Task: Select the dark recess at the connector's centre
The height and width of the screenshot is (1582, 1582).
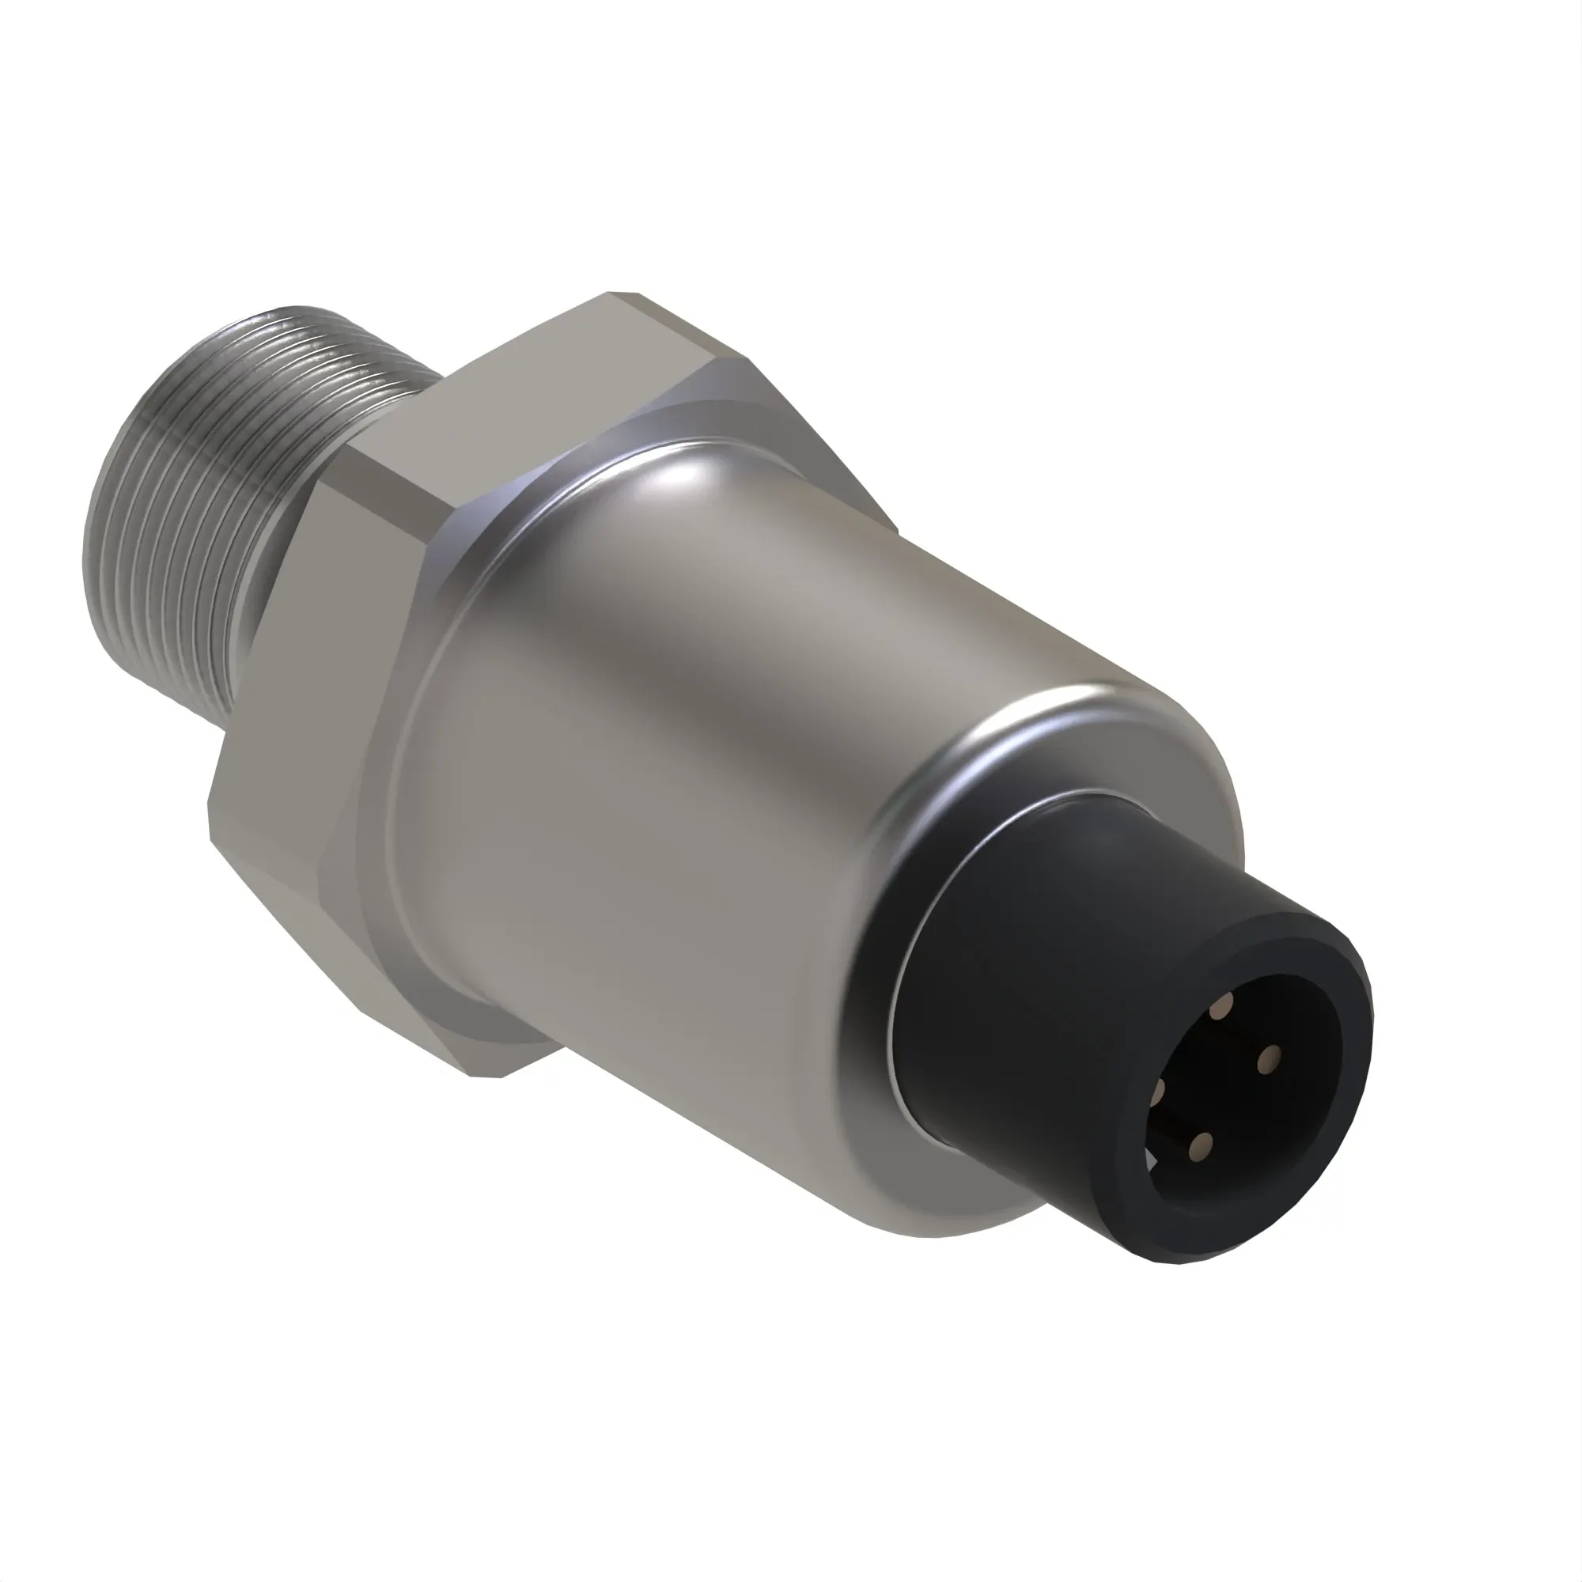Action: (1236, 1081)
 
